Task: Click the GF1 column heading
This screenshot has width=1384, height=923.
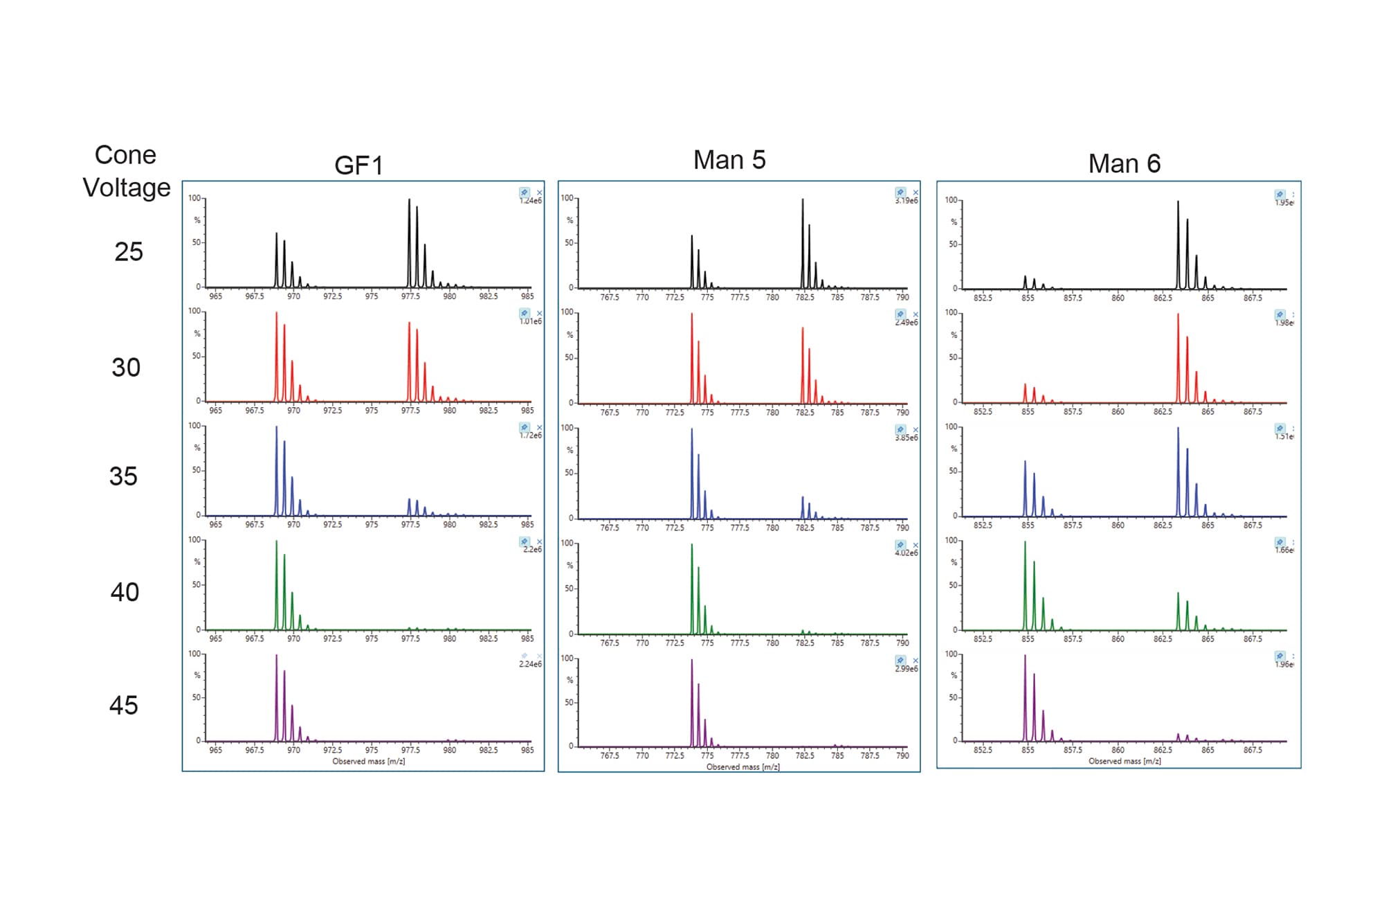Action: [x=358, y=165]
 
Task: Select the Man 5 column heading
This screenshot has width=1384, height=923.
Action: [x=729, y=160]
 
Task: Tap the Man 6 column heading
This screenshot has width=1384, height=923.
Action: [x=1124, y=164]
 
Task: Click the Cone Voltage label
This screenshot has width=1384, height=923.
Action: [x=126, y=171]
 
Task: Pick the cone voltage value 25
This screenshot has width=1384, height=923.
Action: [x=129, y=251]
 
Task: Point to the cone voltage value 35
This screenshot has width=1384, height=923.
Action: [x=123, y=476]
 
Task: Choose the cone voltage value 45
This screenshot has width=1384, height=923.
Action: [x=124, y=705]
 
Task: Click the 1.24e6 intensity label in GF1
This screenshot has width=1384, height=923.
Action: [x=531, y=201]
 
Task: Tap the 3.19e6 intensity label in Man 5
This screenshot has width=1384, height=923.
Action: [x=906, y=201]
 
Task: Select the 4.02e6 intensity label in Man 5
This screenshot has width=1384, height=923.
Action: [x=906, y=553]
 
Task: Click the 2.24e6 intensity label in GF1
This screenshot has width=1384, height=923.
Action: [x=530, y=664]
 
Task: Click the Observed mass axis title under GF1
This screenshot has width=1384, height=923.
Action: [x=368, y=761]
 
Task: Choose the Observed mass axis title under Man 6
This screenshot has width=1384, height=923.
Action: [x=1124, y=761]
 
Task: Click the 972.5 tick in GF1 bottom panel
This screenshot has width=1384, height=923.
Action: [x=332, y=750]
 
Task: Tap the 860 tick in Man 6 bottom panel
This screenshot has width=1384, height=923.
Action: [x=1118, y=750]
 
